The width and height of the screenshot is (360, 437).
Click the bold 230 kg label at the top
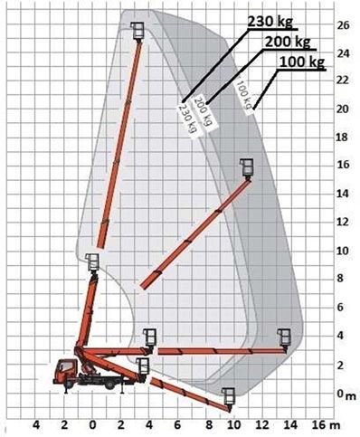(270, 21)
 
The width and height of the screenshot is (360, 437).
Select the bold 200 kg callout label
(288, 42)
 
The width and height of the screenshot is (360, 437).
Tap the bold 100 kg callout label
(302, 62)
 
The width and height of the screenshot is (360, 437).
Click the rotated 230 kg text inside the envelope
(187, 118)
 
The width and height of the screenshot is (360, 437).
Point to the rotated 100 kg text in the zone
(244, 95)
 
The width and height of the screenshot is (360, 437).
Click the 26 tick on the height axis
(343, 25)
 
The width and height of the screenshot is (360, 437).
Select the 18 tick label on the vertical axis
(342, 138)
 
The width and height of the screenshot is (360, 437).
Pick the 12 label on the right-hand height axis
(342, 222)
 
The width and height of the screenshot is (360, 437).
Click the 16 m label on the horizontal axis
(327, 425)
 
